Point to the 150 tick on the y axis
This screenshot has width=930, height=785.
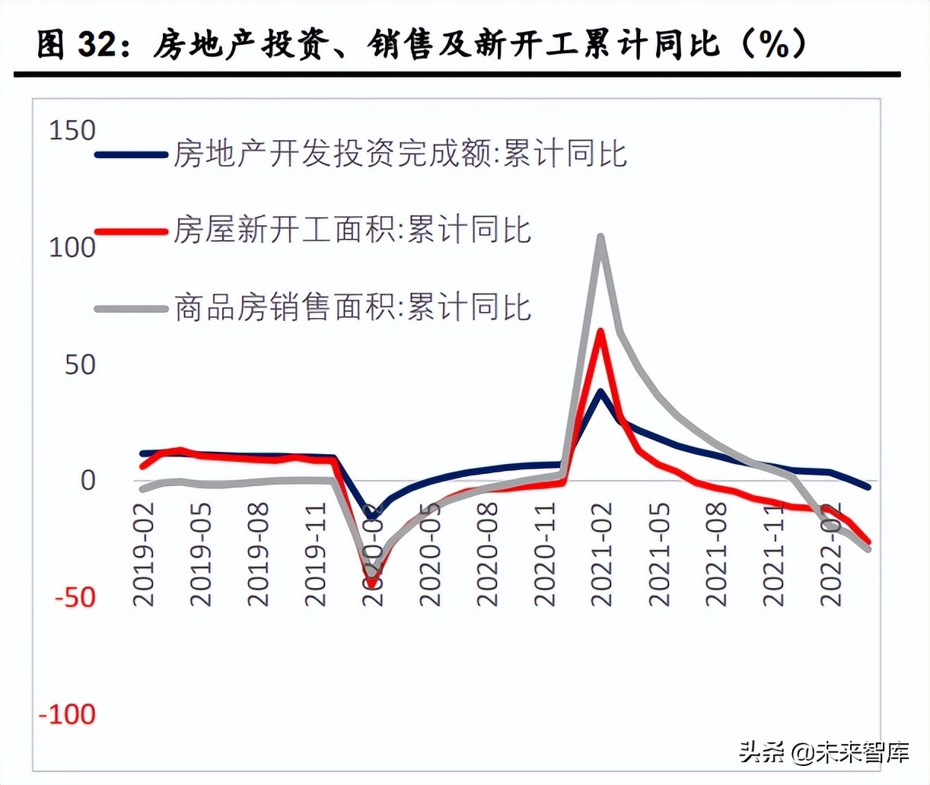pyautogui.click(x=72, y=131)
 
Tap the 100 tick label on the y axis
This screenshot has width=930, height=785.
pyautogui.click(x=72, y=247)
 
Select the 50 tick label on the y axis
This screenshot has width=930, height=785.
pyautogui.click(x=80, y=365)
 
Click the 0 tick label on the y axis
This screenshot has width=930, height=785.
pyautogui.click(x=88, y=481)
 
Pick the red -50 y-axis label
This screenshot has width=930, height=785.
pyautogui.click(x=75, y=597)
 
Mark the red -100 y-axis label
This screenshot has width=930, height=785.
pyautogui.click(x=68, y=714)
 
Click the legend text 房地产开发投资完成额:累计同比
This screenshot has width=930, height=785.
pyautogui.click(x=400, y=154)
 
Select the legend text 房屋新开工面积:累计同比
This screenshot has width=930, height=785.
pyautogui.click(x=352, y=230)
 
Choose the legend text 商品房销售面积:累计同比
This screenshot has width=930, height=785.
pyautogui.click(x=352, y=307)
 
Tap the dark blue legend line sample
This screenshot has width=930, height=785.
pyautogui.click(x=131, y=154)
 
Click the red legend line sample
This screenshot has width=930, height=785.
pyautogui.click(x=131, y=230)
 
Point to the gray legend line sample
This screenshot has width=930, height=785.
pyautogui.click(x=131, y=309)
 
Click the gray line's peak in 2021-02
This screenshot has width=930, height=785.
pyautogui.click(x=600, y=237)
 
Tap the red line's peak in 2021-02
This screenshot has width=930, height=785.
pyautogui.click(x=600, y=332)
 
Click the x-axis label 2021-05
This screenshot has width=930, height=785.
pyautogui.click(x=659, y=554)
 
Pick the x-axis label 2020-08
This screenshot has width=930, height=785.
pyautogui.click(x=487, y=554)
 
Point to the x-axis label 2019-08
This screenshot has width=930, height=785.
pyautogui.click(x=258, y=554)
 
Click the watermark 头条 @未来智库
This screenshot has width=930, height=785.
pyautogui.click(x=824, y=753)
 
